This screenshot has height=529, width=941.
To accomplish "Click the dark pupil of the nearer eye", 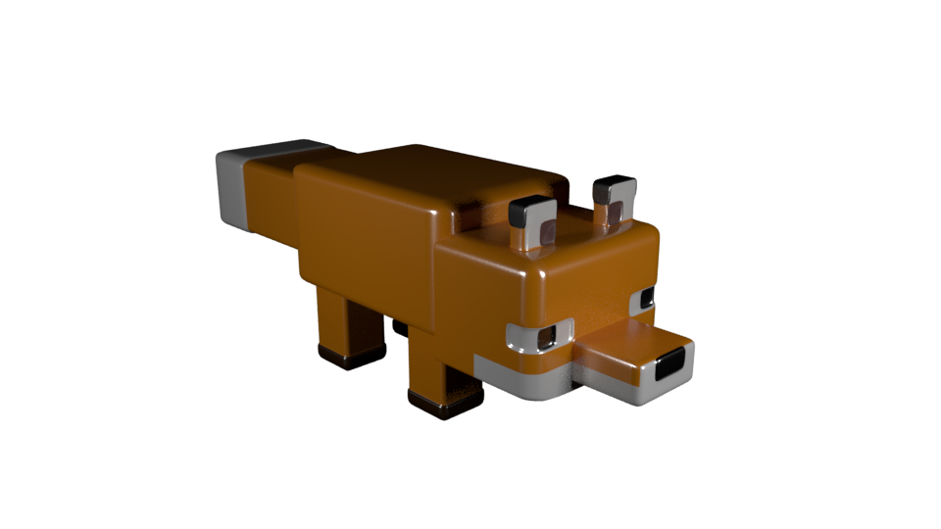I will coord(547,335).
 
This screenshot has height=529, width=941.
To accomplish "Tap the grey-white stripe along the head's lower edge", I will coord(520,381).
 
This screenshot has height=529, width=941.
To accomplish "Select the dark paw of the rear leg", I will coord(351,355).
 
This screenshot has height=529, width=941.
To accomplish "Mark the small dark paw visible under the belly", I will coord(401,327).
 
